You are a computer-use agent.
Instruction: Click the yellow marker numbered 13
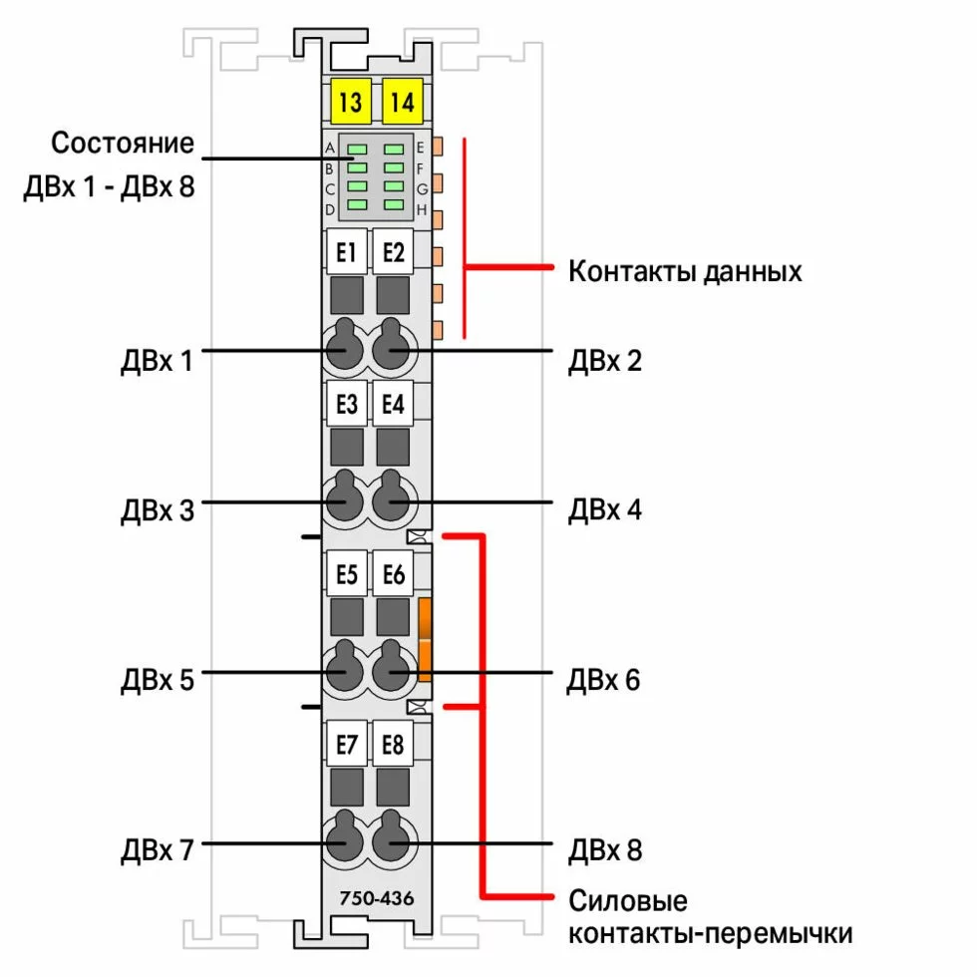350,101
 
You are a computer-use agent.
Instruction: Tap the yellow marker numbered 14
402,101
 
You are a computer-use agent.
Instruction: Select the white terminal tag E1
346,252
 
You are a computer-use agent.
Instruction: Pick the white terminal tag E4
394,405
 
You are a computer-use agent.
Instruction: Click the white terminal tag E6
394,574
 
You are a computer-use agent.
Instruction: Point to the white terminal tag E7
346,744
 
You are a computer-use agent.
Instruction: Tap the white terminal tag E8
394,744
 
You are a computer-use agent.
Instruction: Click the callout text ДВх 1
157,360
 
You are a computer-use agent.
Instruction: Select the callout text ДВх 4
604,509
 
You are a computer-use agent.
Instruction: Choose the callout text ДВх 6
603,680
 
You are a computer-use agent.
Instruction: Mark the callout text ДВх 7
158,850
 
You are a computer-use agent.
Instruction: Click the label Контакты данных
685,270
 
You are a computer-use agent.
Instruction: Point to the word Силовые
628,901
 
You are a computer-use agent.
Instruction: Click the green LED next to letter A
357,150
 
